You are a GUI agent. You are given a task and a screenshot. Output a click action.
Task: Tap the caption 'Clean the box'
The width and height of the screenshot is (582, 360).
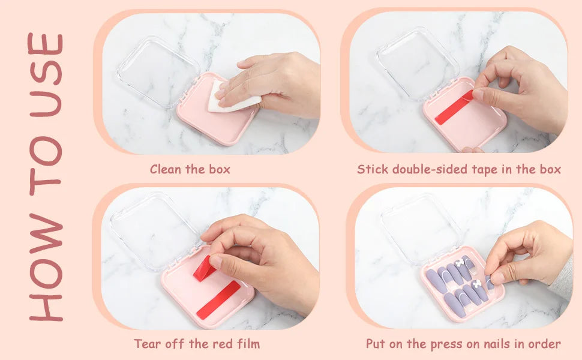(x=190, y=169)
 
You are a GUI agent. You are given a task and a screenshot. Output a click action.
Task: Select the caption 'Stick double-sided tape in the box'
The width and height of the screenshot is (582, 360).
(x=459, y=169)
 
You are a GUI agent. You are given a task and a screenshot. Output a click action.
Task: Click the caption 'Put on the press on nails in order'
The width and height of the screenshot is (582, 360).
(x=463, y=344)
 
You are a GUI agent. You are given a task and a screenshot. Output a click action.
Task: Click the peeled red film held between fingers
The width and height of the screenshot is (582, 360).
(x=204, y=268)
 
